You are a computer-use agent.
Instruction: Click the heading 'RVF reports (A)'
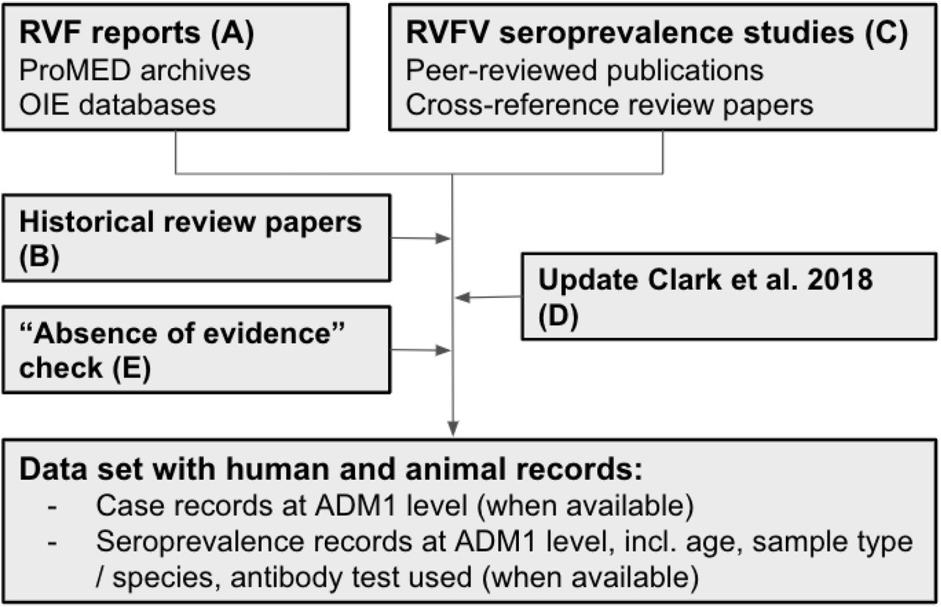pyautogui.click(x=137, y=33)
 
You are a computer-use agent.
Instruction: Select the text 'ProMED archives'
pyautogui.click(x=135, y=70)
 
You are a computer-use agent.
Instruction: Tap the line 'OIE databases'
pyautogui.click(x=118, y=104)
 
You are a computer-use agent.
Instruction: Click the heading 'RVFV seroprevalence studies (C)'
pyautogui.click(x=656, y=33)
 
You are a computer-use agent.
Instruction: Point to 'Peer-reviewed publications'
pyautogui.click(x=584, y=70)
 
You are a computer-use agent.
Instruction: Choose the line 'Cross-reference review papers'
pyautogui.click(x=609, y=105)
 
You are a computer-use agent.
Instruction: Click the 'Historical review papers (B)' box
pyautogui.click(x=196, y=238)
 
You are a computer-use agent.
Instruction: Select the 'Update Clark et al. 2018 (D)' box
pyautogui.click(x=729, y=297)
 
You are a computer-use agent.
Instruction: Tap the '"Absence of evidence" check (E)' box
pyautogui.click(x=196, y=349)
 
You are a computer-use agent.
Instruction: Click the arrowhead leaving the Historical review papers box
pyautogui.click(x=443, y=238)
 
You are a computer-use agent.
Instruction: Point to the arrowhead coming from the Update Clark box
pyautogui.click(x=463, y=298)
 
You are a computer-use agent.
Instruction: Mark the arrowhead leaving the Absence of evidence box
pyautogui.click(x=443, y=350)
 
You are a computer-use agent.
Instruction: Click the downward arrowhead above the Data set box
pyautogui.click(x=453, y=428)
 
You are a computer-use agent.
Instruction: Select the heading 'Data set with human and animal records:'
pyautogui.click(x=331, y=469)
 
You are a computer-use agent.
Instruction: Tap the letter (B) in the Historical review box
pyautogui.click(x=39, y=257)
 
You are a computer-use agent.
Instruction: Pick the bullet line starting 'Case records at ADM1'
pyautogui.click(x=395, y=505)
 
